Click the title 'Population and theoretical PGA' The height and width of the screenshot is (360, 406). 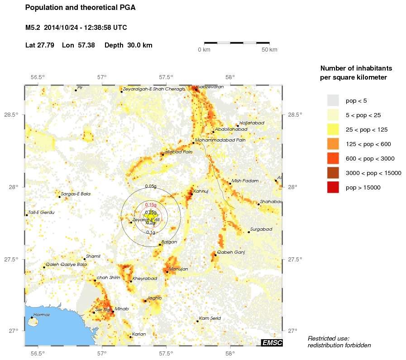(x=81, y=8)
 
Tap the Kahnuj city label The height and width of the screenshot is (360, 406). (x=201, y=191)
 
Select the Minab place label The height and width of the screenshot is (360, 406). (x=122, y=309)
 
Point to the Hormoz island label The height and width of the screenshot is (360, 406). (x=41, y=315)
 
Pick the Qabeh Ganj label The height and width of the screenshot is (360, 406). (x=231, y=252)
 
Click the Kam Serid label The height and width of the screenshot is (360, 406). (x=210, y=318)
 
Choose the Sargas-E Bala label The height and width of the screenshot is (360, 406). (x=76, y=194)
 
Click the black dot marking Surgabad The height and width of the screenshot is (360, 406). (x=249, y=232)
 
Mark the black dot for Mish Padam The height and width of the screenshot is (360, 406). (x=230, y=184)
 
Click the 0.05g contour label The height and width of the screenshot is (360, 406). (x=151, y=186)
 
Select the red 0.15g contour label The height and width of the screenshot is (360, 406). (x=151, y=205)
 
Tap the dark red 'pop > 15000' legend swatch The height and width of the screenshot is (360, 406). (x=333, y=187)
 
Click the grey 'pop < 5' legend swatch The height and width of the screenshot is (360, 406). (x=333, y=100)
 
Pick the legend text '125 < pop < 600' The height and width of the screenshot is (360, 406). (x=368, y=144)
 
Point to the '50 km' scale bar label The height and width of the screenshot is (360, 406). (x=270, y=49)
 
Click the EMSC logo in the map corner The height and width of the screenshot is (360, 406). (x=272, y=343)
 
